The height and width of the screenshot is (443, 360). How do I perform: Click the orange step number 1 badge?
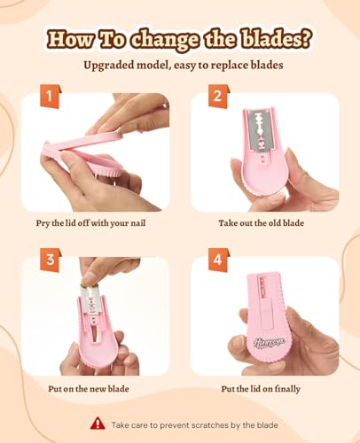pyautogui.click(x=50, y=97)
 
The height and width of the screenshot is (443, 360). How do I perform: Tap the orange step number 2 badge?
pyautogui.click(x=218, y=97)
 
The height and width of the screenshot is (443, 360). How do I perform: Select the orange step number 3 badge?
pyautogui.click(x=50, y=260)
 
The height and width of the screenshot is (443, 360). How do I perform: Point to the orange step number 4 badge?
pyautogui.click(x=218, y=260)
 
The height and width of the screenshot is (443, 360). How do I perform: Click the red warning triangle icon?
pyautogui.click(x=98, y=424)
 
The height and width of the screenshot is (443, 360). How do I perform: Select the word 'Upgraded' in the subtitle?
pyautogui.click(x=108, y=66)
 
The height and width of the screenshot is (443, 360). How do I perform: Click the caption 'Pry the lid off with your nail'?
pyautogui.click(x=90, y=223)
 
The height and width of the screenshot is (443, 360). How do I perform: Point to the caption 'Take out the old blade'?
pyautogui.click(x=262, y=222)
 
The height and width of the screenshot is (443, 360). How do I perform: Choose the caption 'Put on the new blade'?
pyautogui.click(x=89, y=388)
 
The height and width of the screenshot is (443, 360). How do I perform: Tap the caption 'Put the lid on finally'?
pyautogui.click(x=261, y=389)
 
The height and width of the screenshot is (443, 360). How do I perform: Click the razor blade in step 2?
pyautogui.click(x=261, y=130)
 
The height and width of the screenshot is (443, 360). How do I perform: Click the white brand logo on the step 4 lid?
pyautogui.click(x=270, y=342)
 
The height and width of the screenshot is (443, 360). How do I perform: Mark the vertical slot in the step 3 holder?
pyautogui.click(x=95, y=333)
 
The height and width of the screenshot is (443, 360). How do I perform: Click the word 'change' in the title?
pyautogui.click(x=165, y=40)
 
